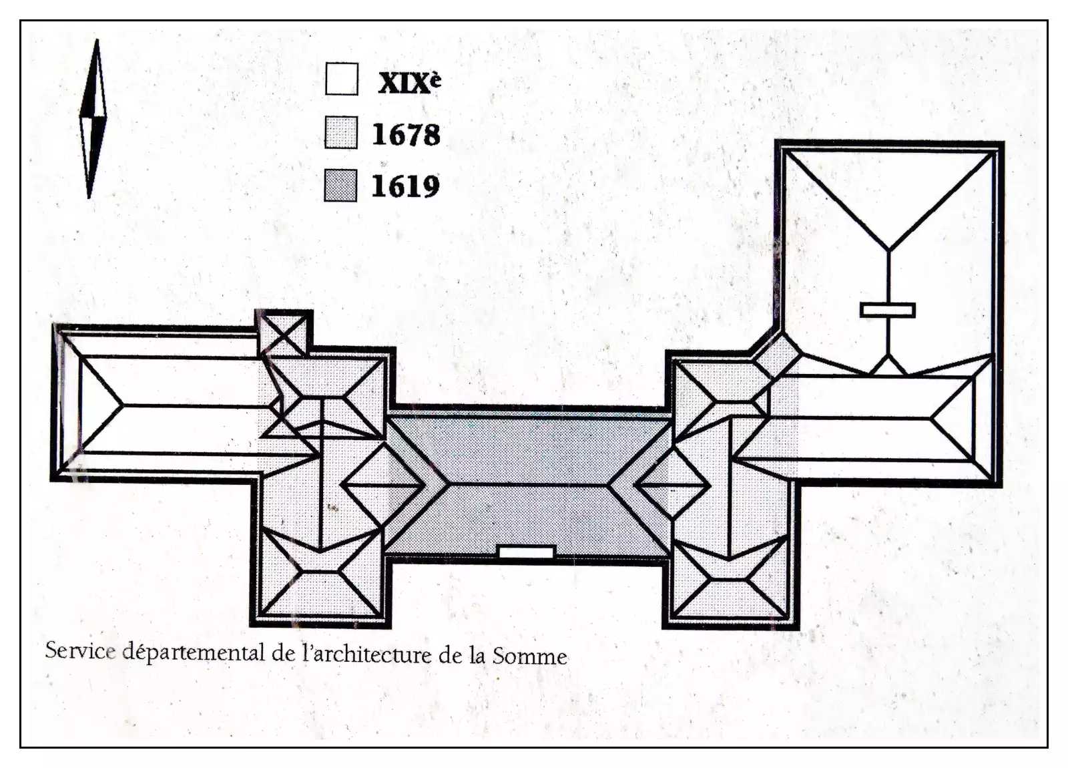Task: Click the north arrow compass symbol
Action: click(93, 118)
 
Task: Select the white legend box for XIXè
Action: click(342, 79)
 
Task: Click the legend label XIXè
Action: click(409, 82)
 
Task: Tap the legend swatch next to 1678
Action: click(341, 132)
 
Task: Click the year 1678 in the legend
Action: click(406, 134)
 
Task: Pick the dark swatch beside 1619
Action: click(340, 185)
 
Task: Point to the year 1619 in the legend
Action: click(405, 186)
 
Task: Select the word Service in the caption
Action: click(80, 650)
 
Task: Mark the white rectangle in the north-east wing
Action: click(887, 310)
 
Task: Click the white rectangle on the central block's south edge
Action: click(527, 552)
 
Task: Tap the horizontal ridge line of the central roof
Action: click(527, 483)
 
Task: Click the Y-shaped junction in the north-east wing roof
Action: click(888, 250)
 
